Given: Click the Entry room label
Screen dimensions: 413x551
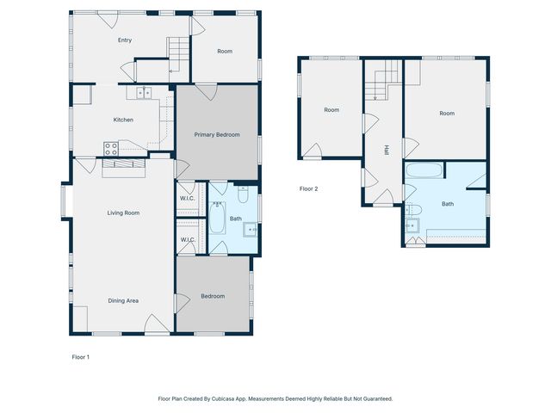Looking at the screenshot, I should click(x=125, y=40).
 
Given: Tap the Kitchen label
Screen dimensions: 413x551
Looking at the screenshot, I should click(x=123, y=120).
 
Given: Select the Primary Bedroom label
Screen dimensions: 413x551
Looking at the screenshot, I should click(x=216, y=134).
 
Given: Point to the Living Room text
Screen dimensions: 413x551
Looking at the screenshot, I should click(x=123, y=213).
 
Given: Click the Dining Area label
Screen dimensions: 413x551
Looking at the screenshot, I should click(x=123, y=300).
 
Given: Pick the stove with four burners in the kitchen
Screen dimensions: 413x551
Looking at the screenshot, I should click(x=111, y=148).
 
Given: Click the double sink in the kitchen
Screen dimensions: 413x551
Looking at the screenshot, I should click(x=143, y=92).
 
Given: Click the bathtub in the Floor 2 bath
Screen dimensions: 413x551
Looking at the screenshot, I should click(x=422, y=170).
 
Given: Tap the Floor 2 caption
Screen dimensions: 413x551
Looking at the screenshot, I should click(x=309, y=188).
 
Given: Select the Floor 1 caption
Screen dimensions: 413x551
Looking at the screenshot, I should click(x=80, y=356).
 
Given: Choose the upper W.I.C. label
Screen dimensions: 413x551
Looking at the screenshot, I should click(x=187, y=199).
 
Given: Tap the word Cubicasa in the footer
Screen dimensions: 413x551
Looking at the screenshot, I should click(x=233, y=398).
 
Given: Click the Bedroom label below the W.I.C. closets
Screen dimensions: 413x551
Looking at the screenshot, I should click(x=213, y=296).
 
